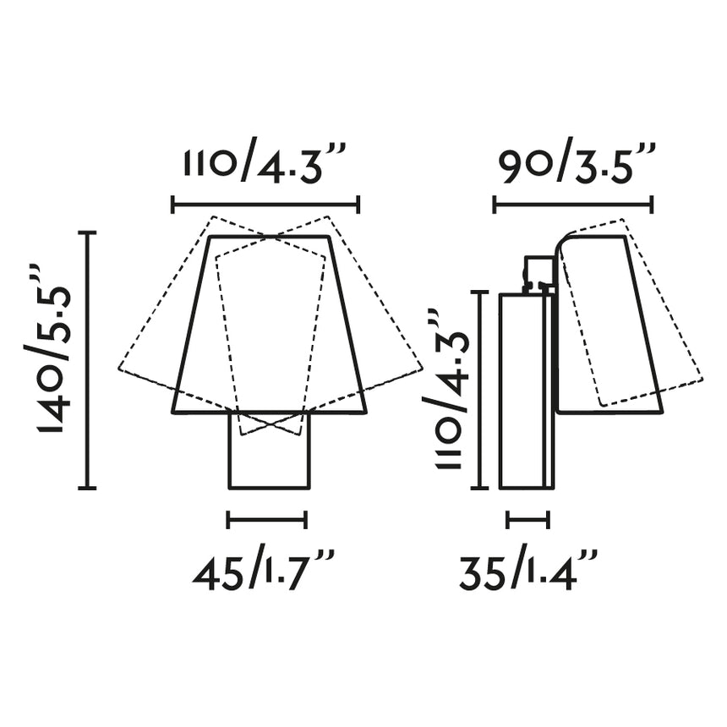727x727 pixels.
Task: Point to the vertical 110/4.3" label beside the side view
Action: tap(445, 389)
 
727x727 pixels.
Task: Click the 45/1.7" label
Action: tap(265, 575)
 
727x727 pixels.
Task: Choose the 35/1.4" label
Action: tap(529, 575)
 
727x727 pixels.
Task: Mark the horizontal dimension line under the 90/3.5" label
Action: tap(573, 204)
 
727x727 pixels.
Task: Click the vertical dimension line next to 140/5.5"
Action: tap(87, 359)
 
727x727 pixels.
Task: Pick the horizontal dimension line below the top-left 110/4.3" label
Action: tap(265, 204)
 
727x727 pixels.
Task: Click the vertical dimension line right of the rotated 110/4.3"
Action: tap(480, 389)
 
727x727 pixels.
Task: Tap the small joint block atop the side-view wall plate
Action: tap(538, 273)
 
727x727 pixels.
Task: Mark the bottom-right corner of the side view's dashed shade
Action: tap(702, 378)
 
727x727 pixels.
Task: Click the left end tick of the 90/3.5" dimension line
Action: tap(495, 204)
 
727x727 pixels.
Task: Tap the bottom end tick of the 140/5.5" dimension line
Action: tap(87, 488)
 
